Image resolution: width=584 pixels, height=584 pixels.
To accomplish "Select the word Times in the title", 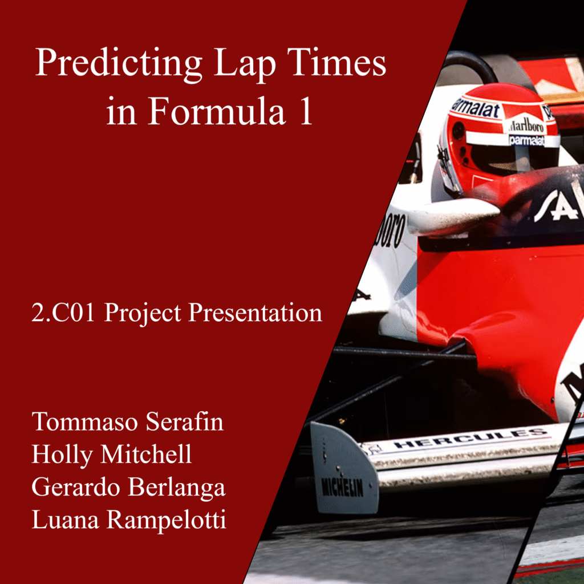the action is [x=336, y=63].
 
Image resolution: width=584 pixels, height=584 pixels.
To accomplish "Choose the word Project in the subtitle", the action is [x=143, y=314].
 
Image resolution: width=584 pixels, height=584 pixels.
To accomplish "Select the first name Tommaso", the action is [x=85, y=421].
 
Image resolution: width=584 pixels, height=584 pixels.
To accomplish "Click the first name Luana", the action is [x=66, y=519].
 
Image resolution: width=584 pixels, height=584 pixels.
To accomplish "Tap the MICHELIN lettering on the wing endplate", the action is [x=342, y=487].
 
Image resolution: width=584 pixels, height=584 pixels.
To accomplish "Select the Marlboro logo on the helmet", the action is [x=526, y=125].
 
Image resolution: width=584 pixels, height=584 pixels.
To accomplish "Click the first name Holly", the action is [x=63, y=455].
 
